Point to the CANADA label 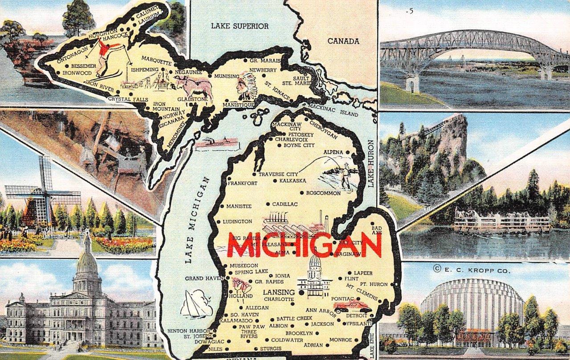(343, 41)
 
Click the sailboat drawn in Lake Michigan (196, 304)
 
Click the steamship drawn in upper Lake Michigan (217, 143)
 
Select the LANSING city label (279, 292)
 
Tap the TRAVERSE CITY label (278, 174)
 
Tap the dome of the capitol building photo (87, 263)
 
